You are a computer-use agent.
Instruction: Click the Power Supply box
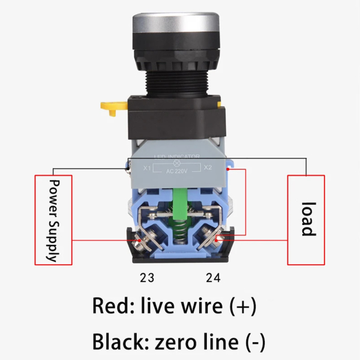pyautogui.click(x=53, y=220)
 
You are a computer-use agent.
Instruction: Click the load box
pyautogui.click(x=306, y=220)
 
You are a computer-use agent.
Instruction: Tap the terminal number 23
pyautogui.click(x=147, y=278)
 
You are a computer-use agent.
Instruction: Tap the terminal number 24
pyautogui.click(x=212, y=278)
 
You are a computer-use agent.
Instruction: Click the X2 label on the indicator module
pyautogui.click(x=208, y=167)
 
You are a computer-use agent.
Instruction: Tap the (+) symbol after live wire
pyautogui.click(x=243, y=306)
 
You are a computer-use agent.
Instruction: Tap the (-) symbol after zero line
pyautogui.click(x=255, y=342)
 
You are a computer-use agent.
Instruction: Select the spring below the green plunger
pyautogui.click(x=179, y=231)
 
